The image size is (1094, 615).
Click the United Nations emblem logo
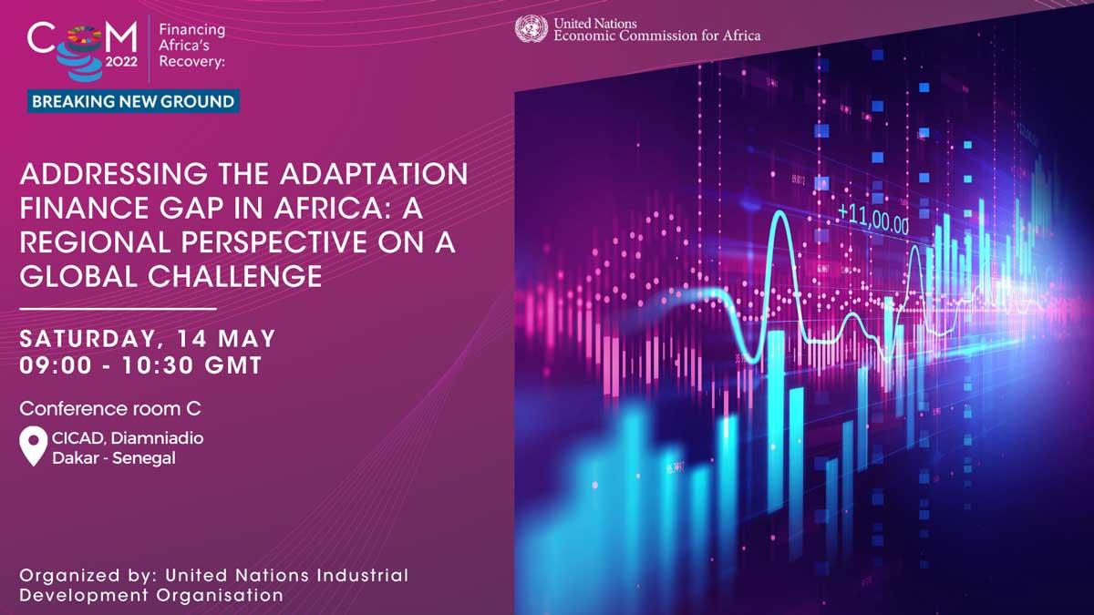tap(532, 28)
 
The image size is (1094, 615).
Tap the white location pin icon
tap(33, 446)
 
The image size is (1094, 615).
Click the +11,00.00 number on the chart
tap(873, 220)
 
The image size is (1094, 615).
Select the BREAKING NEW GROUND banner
tap(133, 101)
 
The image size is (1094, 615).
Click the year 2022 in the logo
tap(121, 62)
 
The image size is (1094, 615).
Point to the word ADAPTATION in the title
tap(374, 174)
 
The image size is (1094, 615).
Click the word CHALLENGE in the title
tap(235, 276)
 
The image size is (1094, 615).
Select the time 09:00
tap(56, 366)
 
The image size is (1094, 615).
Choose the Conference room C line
tap(110, 408)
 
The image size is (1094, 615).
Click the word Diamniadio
tap(157, 438)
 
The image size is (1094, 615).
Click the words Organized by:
tap(88, 576)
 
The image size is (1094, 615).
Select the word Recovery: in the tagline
tap(192, 62)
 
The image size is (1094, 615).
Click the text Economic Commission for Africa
tap(657, 36)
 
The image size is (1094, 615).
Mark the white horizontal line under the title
tap(118, 309)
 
